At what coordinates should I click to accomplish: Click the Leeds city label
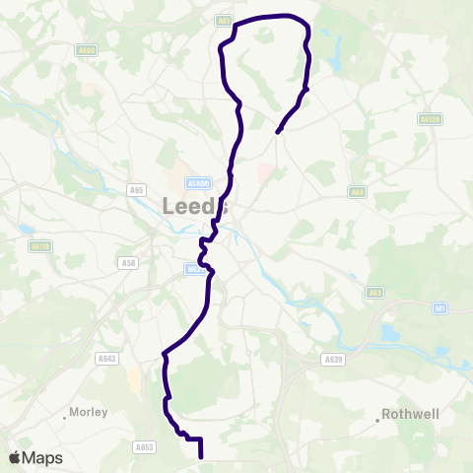tap(194, 206)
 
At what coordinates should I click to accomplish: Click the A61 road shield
tap(224, 19)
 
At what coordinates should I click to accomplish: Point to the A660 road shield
tap(88, 50)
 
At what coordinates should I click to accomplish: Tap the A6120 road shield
tap(428, 118)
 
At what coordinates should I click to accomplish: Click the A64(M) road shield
tap(198, 183)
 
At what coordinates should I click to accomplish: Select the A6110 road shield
tap(40, 246)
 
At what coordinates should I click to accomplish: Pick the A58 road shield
tap(128, 262)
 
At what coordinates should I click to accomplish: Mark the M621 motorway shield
tap(193, 266)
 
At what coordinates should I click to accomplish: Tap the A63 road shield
tap(374, 292)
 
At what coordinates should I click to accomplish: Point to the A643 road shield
tap(108, 360)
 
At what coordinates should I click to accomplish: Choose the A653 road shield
tap(144, 446)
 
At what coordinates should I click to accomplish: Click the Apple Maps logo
tap(34, 457)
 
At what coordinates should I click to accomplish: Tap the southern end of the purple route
tap(201, 457)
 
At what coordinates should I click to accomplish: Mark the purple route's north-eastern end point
tap(279, 130)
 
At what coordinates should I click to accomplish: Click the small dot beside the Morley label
tap(64, 417)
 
